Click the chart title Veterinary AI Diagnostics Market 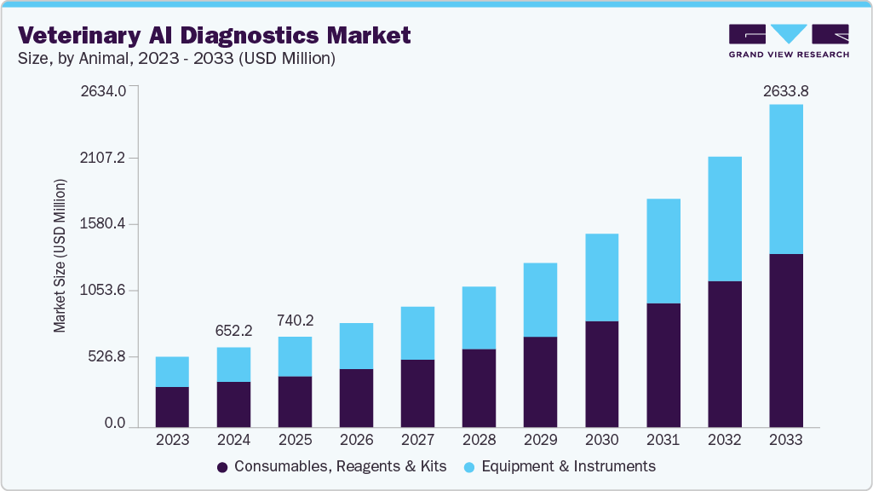pyautogui.click(x=215, y=35)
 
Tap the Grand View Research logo pyautogui.click(x=789, y=41)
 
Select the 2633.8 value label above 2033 pyautogui.click(x=785, y=91)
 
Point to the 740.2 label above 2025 pyautogui.click(x=295, y=321)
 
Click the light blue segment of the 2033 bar pyautogui.click(x=785, y=179)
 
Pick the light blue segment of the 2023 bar pyautogui.click(x=172, y=372)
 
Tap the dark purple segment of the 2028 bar pyautogui.click(x=479, y=387)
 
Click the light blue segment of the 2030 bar pyautogui.click(x=601, y=277)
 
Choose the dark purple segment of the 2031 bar pyautogui.click(x=663, y=364)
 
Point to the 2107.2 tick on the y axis pyautogui.click(x=102, y=158)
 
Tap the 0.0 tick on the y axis pyautogui.click(x=114, y=423)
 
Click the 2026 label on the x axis pyautogui.click(x=356, y=441)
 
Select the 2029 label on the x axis pyautogui.click(x=540, y=441)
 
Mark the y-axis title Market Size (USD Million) pyautogui.click(x=60, y=256)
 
